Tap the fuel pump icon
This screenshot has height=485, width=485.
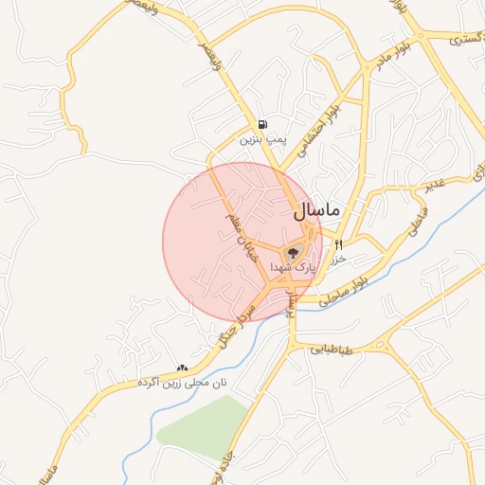click(261, 124)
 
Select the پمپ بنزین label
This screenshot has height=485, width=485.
click(261, 139)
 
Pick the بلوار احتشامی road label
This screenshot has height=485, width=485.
click(322, 133)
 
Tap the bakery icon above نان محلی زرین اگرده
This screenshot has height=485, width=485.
click(182, 367)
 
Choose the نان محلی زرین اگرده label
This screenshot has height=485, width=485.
click(182, 382)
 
